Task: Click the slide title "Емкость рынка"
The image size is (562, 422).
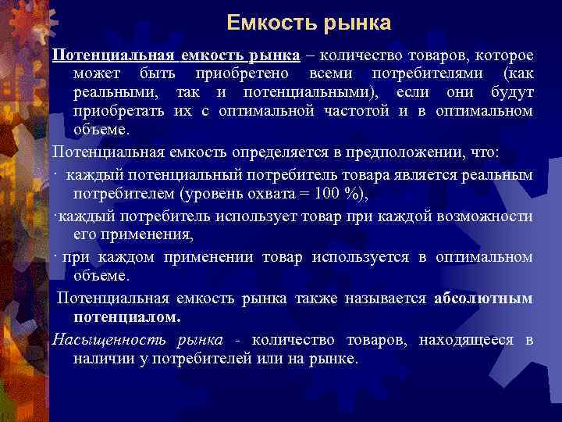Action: (x=309, y=23)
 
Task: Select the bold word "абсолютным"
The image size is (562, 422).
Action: (x=483, y=298)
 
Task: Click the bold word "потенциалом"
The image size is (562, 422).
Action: (x=128, y=317)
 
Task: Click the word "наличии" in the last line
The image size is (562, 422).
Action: (x=101, y=358)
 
